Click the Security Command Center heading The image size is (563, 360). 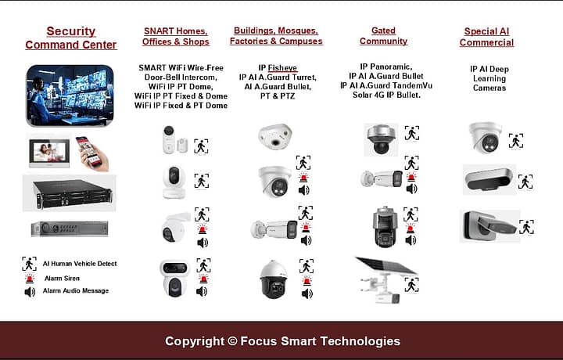pyautogui.click(x=70, y=38)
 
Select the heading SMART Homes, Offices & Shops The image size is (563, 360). pyautogui.click(x=176, y=36)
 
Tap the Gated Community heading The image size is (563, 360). pyautogui.click(x=383, y=36)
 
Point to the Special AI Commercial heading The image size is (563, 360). pyautogui.click(x=486, y=37)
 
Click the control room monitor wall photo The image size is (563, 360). pyautogui.click(x=70, y=95)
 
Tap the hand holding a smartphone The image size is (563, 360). pyautogui.click(x=92, y=153)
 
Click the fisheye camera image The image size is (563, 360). pyautogui.click(x=275, y=136)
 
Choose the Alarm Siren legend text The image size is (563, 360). pyautogui.click(x=61, y=278)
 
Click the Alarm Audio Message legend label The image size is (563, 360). pyautogui.click(x=76, y=291)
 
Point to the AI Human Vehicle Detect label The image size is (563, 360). pyautogui.click(x=80, y=264)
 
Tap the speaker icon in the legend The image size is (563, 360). pyautogui.click(x=30, y=292)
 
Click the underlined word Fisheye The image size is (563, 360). pyautogui.click(x=283, y=68)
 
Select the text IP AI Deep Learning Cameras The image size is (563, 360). pyautogui.click(x=489, y=78)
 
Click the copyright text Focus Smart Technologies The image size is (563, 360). pyautogui.click(x=282, y=341)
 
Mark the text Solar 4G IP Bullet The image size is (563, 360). pyautogui.click(x=386, y=95)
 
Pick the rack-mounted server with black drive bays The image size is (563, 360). pyautogui.click(x=69, y=193)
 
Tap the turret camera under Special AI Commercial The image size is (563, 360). pyautogui.click(x=486, y=137)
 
